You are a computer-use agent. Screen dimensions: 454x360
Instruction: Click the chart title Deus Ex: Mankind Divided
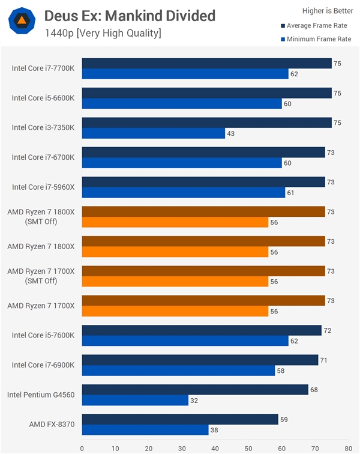[x=130, y=15]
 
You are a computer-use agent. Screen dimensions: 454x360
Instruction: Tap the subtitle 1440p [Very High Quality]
[x=103, y=32]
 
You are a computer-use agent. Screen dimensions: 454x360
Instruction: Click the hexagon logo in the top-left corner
[x=22, y=21]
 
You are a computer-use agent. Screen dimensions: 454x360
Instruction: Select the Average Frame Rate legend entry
[x=315, y=26]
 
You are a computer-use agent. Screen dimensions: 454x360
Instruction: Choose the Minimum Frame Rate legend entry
[x=315, y=39]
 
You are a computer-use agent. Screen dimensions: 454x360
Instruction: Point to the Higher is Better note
[x=327, y=10]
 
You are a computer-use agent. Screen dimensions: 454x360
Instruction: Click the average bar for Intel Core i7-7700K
[x=206, y=64]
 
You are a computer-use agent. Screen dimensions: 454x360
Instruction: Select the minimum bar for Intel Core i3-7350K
[x=154, y=133]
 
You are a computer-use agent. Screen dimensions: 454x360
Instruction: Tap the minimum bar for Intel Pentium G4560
[x=135, y=400]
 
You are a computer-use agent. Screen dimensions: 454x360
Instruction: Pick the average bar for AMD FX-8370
[x=180, y=419]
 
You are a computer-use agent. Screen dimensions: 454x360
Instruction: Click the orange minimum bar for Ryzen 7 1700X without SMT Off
[x=175, y=311]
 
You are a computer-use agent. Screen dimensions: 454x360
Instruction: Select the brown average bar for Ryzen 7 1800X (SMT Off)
[x=203, y=211]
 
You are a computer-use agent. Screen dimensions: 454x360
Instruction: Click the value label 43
[x=232, y=133]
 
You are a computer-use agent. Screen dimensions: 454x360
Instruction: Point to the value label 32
[x=195, y=400]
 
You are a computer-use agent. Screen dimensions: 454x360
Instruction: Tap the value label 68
[x=314, y=389]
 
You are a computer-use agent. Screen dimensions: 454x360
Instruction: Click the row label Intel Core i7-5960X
[x=43, y=187]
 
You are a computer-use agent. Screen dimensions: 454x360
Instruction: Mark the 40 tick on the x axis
[x=215, y=447]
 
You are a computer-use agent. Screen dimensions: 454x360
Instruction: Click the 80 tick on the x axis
[x=347, y=447]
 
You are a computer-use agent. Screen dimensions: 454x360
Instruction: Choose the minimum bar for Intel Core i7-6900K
[x=178, y=371]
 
